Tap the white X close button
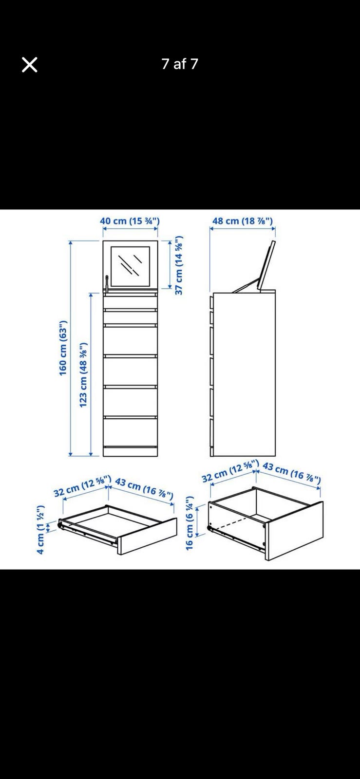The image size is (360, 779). tap(30, 65)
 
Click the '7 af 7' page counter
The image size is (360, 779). tap(179, 64)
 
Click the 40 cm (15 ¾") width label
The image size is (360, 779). tap(130, 221)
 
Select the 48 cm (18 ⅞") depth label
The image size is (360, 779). tap(243, 221)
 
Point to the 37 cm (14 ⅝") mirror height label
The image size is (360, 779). tap(179, 265)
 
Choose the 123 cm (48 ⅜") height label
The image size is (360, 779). tap(83, 375)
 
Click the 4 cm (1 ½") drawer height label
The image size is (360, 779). tap(41, 529)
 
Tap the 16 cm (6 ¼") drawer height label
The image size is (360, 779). tap(189, 523)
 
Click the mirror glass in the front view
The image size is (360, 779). tap(131, 266)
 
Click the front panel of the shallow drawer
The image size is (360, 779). tap(147, 536)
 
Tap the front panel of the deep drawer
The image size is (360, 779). tap(294, 531)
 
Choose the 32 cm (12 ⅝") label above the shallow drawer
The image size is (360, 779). tap(82, 486)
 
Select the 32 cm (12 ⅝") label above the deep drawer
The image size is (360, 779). tap(230, 470)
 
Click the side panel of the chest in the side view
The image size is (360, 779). tap(244, 374)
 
